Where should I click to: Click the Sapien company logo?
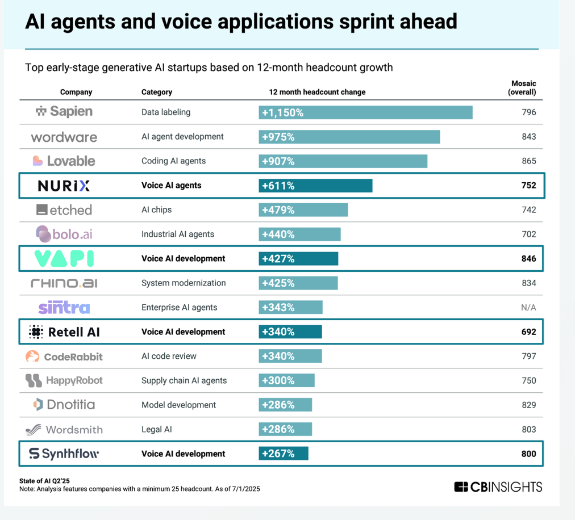64,112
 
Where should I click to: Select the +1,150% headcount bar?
365,112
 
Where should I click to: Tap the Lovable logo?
64,161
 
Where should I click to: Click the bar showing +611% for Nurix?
315,186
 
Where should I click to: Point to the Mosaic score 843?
528,137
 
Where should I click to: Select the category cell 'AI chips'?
156,210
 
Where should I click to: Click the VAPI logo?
64,258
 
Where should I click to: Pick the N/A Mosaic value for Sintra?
528,308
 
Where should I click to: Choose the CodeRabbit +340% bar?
290,357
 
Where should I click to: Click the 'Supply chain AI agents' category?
184,381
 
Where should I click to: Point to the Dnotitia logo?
64,405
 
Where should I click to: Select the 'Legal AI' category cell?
156,430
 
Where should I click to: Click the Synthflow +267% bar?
284,454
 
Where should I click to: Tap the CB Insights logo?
498,487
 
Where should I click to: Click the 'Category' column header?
156,92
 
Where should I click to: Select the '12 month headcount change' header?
317,92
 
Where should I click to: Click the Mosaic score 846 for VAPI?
528,259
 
